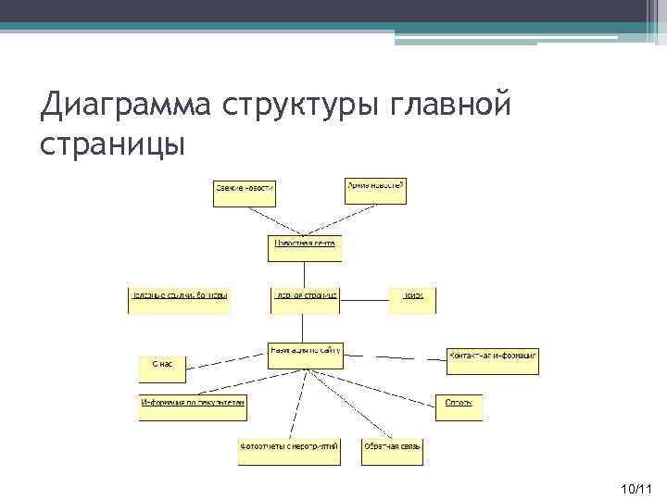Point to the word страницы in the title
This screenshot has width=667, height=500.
pyautogui.click(x=113, y=144)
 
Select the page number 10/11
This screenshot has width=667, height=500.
pyautogui.click(x=637, y=487)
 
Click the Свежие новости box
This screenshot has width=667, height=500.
pyautogui.click(x=245, y=192)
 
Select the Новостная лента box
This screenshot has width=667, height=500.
pyautogui.click(x=305, y=247)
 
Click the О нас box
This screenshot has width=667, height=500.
pyautogui.click(x=162, y=369)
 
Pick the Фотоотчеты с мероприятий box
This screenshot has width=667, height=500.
pyautogui.click(x=288, y=451)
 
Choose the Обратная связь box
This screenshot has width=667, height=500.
pyautogui.click(x=393, y=451)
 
